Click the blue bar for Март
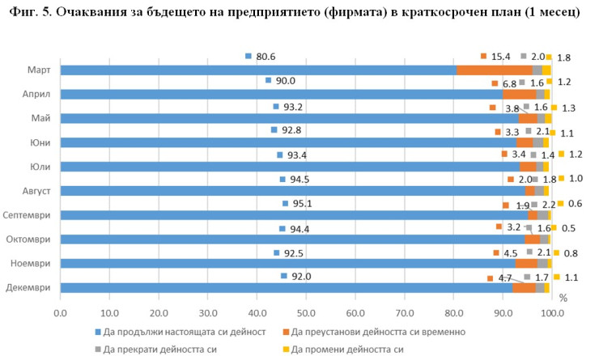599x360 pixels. (259, 70)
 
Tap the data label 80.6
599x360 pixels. (266, 57)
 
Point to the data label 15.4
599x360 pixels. (501, 56)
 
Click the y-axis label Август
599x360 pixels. (36, 191)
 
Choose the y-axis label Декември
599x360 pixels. (31, 287)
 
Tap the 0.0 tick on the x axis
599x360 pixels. (61, 311)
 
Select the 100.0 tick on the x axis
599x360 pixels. (552, 311)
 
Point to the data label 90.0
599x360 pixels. (285, 81)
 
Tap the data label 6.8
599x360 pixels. (509, 83)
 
